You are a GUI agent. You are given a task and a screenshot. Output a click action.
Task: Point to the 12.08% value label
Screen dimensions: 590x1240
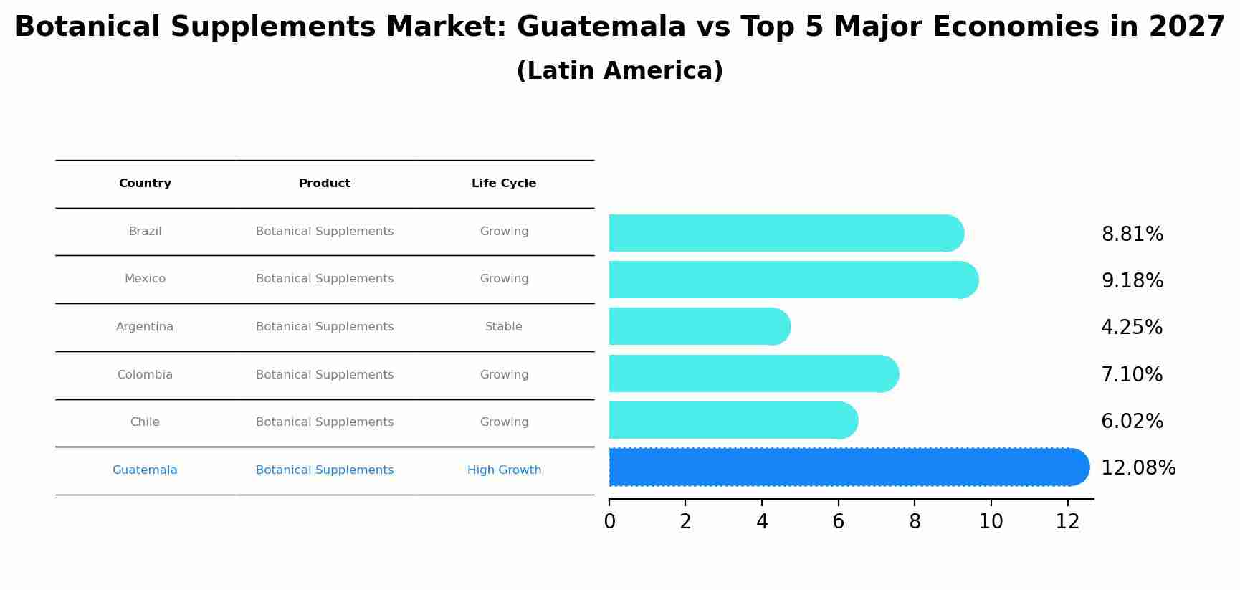(x=1138, y=468)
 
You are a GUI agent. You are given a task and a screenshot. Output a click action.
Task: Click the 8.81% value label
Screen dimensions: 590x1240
(x=1132, y=234)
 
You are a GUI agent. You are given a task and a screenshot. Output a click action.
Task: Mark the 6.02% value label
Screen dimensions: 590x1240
(x=1132, y=422)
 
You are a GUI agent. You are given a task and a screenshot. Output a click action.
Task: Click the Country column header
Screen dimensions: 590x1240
(x=145, y=184)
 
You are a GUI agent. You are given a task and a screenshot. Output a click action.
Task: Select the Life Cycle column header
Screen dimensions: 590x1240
(x=504, y=184)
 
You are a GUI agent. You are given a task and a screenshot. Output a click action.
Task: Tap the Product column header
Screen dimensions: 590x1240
(x=325, y=184)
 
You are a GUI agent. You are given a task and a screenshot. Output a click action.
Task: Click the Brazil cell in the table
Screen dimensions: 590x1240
(x=145, y=232)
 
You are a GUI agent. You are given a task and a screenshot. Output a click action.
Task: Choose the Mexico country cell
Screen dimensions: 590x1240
(x=145, y=279)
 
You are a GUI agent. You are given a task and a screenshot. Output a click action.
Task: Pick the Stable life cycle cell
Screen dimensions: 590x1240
(x=504, y=327)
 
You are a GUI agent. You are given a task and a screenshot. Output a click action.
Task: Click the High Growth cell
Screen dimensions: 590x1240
(x=504, y=470)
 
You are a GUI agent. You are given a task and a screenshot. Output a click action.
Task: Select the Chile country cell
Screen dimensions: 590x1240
(x=145, y=422)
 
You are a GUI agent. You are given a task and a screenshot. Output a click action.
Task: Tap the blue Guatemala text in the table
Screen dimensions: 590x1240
(x=145, y=470)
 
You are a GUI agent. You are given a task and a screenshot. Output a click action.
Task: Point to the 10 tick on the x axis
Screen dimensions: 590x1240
(x=991, y=522)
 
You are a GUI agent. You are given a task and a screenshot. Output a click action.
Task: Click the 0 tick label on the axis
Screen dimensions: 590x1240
(x=609, y=522)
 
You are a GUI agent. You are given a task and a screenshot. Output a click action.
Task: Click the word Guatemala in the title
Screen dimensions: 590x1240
(x=601, y=27)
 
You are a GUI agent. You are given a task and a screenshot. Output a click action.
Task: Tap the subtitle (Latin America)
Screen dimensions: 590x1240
(x=619, y=71)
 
